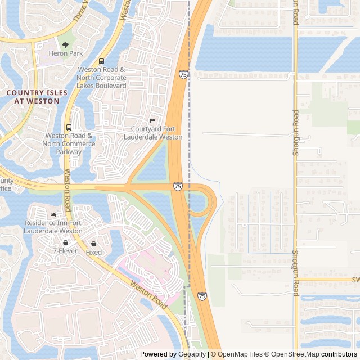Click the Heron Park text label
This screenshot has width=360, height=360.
pos(66,53)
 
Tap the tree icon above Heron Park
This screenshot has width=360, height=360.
pos(66,45)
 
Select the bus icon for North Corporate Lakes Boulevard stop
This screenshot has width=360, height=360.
pos(101,61)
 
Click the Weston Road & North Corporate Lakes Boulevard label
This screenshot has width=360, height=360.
pos(101,77)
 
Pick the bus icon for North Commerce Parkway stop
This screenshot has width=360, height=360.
pos(69,127)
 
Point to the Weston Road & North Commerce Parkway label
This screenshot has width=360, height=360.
pos(70,143)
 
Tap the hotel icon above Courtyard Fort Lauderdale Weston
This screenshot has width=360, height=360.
pos(152,120)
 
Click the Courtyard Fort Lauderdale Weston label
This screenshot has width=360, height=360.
pos(153,133)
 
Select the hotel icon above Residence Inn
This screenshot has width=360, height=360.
pos(53,214)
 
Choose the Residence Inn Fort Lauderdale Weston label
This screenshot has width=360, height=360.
pos(53,227)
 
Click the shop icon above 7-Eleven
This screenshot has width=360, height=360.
pos(66,242)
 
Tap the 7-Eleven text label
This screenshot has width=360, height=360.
pos(66,251)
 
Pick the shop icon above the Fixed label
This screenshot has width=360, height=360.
pos(94,244)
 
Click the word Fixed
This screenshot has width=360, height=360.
pos(94,253)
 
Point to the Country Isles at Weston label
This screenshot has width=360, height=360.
pos(37,96)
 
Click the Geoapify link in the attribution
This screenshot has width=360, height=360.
pos(192,354)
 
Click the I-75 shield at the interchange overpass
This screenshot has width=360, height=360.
pos(178,186)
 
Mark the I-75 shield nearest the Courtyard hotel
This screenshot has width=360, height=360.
pos(183,74)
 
